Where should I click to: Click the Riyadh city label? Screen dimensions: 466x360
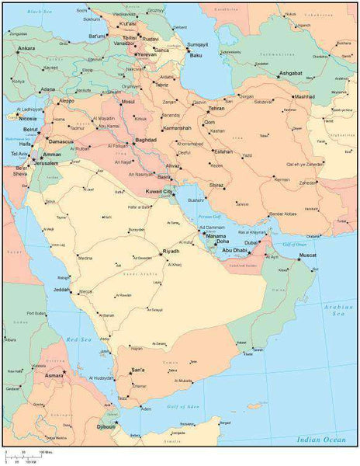coord(171,252)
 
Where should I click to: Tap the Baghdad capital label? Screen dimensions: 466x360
coord(146,141)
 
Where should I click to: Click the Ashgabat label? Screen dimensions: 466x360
coord(295,74)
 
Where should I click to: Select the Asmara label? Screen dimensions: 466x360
coord(54,375)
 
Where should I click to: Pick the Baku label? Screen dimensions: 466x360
coord(196,55)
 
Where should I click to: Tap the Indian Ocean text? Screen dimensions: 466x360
coord(320,440)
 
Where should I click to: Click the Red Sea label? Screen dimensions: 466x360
coord(79,339)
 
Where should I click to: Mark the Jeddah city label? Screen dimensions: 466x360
coord(61,290)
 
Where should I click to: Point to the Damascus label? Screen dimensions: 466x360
coord(60,142)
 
